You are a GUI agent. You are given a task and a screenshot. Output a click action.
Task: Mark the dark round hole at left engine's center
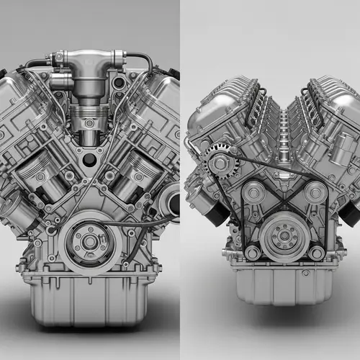(88, 158)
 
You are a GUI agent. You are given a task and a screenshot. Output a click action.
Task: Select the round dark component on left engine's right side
(171, 199)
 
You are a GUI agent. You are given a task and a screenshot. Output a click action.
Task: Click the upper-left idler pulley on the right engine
(252, 192)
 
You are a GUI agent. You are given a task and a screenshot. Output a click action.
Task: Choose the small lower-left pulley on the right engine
(251, 252)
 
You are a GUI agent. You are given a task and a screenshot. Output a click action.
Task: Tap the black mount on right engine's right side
(349, 209)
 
